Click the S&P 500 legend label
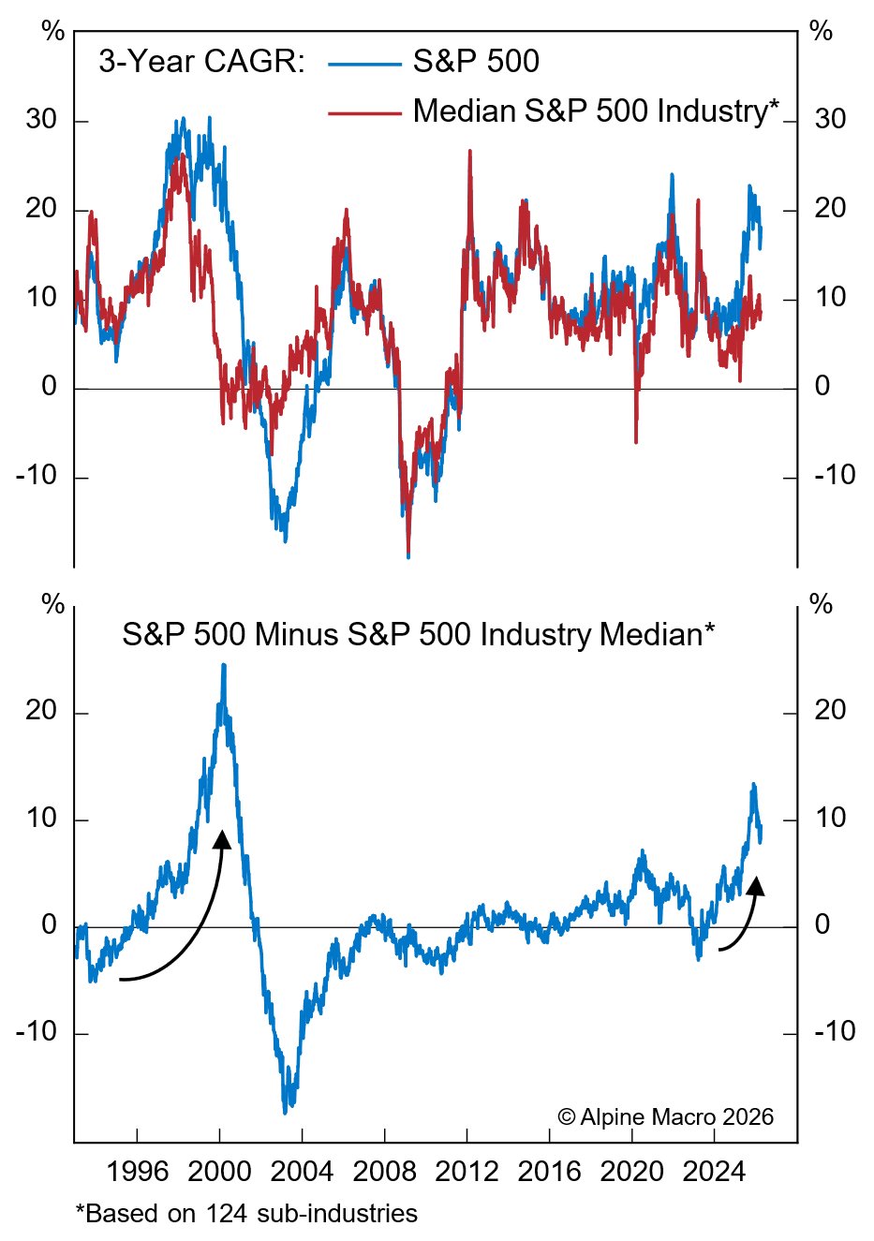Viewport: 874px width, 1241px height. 476,62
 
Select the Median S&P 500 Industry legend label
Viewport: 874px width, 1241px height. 596,111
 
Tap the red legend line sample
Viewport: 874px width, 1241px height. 364,112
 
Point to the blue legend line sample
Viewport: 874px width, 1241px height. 364,64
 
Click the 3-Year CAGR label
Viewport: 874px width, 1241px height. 201,62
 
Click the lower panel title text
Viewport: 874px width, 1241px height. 418,634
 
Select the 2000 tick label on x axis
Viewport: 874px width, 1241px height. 219,1172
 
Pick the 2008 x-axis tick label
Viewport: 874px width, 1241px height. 384,1172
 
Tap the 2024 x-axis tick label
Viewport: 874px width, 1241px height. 715,1172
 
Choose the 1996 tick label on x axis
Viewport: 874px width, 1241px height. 137,1172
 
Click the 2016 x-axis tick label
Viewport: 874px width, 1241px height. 550,1172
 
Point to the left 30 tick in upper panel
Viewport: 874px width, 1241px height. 41,120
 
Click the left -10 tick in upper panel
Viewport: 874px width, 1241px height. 37,476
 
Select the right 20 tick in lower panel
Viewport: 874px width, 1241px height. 830,711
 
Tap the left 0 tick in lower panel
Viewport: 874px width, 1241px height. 50,925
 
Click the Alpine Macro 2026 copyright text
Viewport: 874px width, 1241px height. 665,1116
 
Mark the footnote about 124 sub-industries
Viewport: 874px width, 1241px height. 246,1214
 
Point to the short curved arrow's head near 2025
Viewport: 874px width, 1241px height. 756,885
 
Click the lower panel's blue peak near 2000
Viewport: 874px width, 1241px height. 223,665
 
